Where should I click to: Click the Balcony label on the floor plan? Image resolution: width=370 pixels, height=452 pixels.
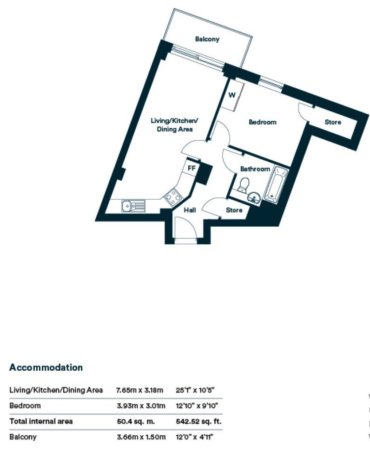[x=207, y=39]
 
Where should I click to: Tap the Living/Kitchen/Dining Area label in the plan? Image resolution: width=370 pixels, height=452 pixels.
[x=172, y=125]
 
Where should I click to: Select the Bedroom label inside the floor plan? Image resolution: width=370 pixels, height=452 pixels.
[x=262, y=122]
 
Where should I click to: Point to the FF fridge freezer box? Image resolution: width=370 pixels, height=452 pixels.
[x=191, y=168]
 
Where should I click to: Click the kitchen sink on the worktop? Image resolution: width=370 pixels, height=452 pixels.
[x=133, y=205]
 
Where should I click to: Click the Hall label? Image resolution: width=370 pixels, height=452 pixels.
[x=190, y=210]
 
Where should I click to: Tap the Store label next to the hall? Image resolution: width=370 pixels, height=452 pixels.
[x=234, y=210]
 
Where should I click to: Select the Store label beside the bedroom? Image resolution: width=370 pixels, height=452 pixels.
[x=332, y=123]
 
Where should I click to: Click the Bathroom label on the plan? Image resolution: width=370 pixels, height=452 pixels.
[x=255, y=169]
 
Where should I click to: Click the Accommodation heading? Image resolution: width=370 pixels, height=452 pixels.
[x=46, y=367]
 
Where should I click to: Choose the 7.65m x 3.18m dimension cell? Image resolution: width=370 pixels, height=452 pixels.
[x=141, y=390]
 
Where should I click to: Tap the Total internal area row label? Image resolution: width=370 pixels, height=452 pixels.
[x=41, y=421]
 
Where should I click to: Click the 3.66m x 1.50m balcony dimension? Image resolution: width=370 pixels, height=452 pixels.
[x=141, y=437]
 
